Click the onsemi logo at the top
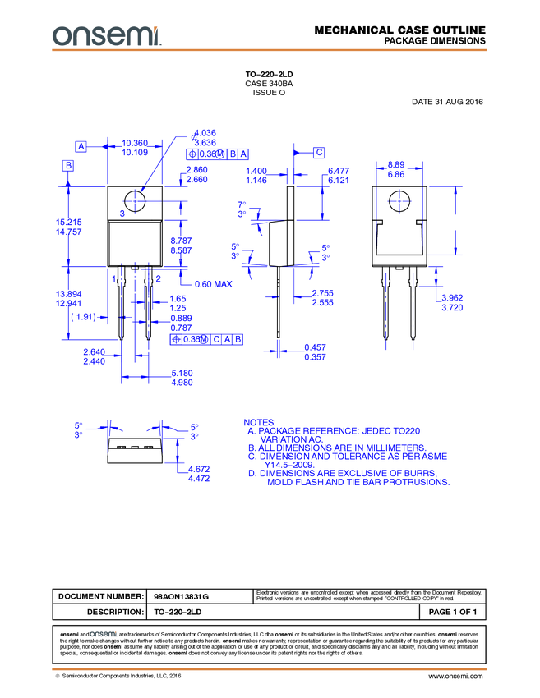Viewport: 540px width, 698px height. tap(106, 34)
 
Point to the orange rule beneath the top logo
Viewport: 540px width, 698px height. tap(270, 50)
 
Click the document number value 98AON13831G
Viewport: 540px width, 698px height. tap(182, 597)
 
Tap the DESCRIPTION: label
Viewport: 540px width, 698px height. tap(115, 613)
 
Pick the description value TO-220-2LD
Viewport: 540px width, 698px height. tap(178, 613)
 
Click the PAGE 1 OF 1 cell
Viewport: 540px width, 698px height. tap(452, 613)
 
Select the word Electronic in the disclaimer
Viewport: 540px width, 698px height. tap(268, 593)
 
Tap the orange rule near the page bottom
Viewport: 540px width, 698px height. tap(270, 669)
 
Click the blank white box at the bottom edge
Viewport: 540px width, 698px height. tap(252, 688)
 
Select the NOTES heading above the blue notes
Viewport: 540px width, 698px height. tap(261, 421)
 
